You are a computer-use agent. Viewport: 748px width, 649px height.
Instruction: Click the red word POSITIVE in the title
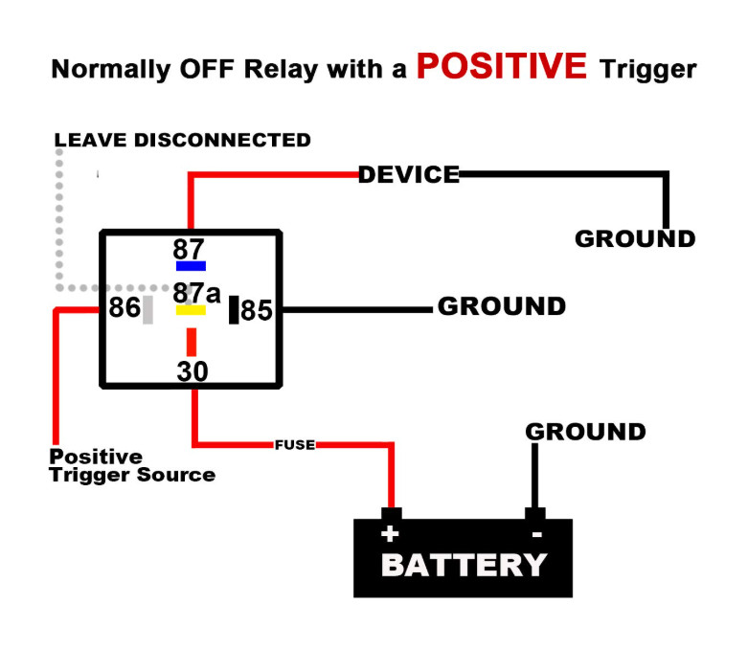(x=501, y=66)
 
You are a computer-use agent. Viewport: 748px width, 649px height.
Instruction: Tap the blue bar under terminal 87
(x=191, y=266)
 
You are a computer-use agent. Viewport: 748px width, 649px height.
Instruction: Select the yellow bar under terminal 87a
(x=191, y=310)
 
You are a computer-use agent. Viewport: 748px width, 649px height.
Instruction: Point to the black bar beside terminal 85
(x=233, y=309)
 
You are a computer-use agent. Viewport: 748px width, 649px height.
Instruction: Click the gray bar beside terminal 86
(x=147, y=309)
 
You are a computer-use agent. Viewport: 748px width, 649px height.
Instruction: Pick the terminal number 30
(x=193, y=371)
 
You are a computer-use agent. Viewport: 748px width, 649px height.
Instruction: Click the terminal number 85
(x=257, y=310)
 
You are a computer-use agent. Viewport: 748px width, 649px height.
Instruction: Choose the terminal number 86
(x=125, y=308)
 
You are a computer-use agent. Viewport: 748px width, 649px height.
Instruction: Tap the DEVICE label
(x=409, y=174)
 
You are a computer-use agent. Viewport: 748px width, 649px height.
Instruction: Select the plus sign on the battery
(x=390, y=534)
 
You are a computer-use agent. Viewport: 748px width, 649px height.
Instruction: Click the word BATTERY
(x=464, y=565)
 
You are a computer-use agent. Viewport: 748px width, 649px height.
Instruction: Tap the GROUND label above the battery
(x=585, y=432)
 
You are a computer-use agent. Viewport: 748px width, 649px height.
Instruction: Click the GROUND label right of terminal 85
(x=502, y=306)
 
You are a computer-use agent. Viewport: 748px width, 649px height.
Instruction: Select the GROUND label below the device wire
(x=635, y=238)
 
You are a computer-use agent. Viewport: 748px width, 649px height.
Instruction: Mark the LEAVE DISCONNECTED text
(x=183, y=140)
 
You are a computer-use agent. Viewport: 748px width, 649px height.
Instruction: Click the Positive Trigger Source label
(x=132, y=466)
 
